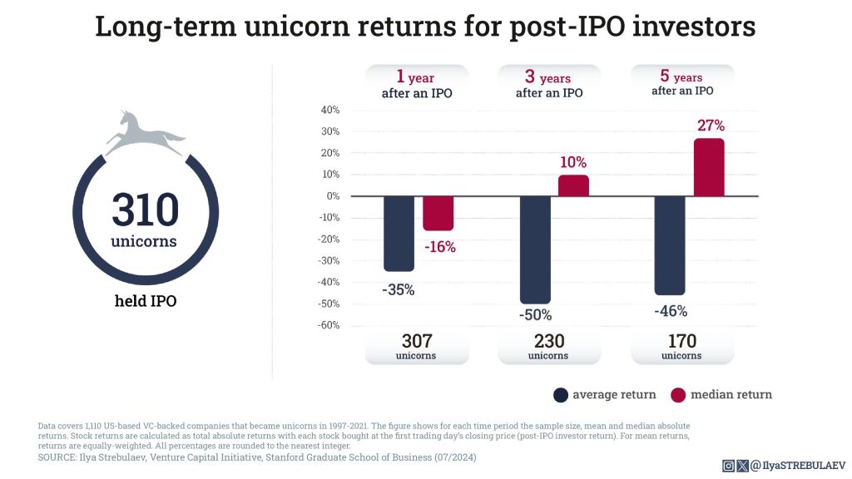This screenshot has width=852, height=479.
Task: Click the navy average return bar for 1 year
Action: point(399,234)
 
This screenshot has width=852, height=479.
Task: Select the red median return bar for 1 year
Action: point(438,214)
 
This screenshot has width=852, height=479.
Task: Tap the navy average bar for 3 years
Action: point(535,249)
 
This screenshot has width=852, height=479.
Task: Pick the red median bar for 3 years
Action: point(573,185)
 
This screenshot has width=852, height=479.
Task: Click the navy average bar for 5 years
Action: point(670,245)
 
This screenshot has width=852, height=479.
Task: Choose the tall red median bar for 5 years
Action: point(709,167)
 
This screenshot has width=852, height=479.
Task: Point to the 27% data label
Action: point(710,126)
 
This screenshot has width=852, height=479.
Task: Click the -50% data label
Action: point(535,315)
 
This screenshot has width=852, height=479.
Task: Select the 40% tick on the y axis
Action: point(329,110)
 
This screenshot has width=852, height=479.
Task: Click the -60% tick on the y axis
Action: point(328,325)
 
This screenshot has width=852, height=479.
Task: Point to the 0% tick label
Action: point(332,196)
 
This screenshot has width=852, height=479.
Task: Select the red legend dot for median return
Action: point(677,394)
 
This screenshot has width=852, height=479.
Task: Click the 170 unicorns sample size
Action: point(681,341)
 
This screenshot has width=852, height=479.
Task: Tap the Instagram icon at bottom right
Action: point(729,466)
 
